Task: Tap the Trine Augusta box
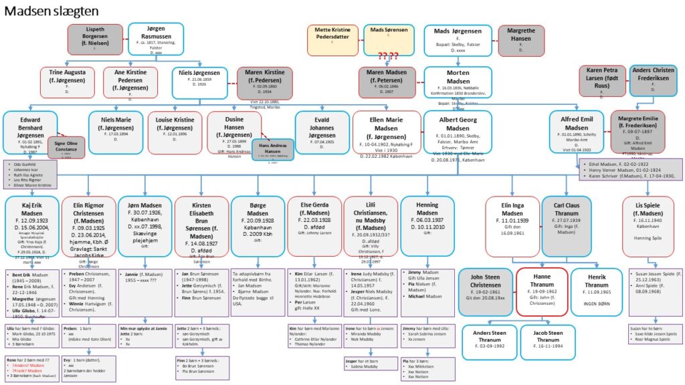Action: (x=68, y=83)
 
